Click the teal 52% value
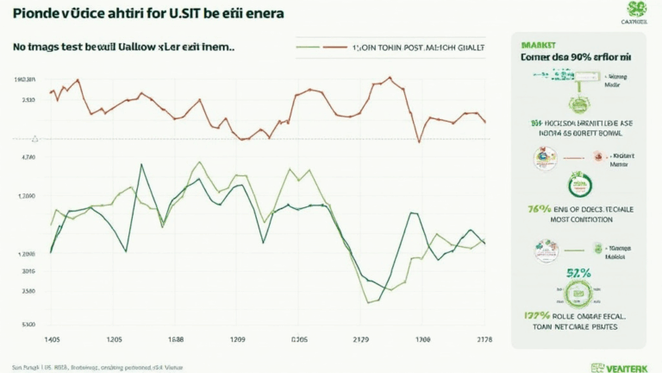(x=579, y=274)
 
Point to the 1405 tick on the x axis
(x=53, y=339)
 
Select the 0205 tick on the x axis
(x=298, y=339)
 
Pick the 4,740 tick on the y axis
(x=28, y=157)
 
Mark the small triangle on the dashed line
(x=34, y=137)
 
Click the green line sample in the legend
(x=308, y=48)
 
